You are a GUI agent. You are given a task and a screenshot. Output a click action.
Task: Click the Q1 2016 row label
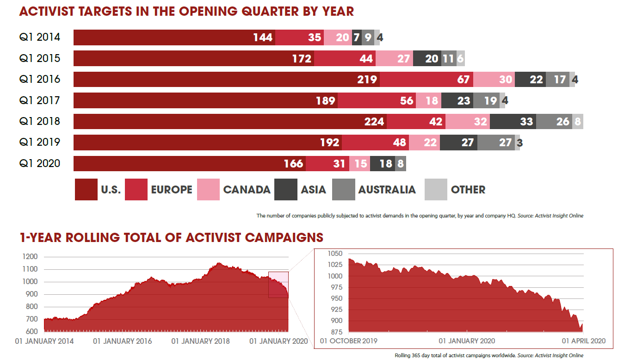pos(40,80)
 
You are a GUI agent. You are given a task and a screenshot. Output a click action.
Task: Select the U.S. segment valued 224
pos(230,121)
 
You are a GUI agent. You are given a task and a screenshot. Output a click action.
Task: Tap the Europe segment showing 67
pos(426,80)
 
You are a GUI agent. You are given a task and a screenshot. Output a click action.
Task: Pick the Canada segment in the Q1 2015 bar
pos(394,59)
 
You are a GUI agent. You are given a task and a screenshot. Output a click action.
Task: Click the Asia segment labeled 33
pos(513,121)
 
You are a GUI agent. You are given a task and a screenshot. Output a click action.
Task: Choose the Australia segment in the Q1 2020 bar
pos(401,163)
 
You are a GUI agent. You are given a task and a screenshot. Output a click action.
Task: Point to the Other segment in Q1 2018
pos(577,121)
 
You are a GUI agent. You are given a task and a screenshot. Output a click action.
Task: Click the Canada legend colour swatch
pos(208,190)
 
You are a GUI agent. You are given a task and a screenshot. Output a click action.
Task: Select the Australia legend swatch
pos(343,190)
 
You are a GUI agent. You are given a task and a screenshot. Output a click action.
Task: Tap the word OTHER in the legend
pos(468,190)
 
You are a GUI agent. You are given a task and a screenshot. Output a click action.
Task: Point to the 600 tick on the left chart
pos(31,332)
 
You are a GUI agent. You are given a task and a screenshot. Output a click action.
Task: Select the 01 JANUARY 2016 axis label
pos(122,341)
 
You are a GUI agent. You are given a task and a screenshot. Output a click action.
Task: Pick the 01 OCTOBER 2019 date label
pos(348,341)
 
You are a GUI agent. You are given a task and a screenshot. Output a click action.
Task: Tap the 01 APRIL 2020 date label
pos(582,341)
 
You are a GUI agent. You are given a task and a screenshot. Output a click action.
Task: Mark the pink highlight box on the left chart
pos(278,285)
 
